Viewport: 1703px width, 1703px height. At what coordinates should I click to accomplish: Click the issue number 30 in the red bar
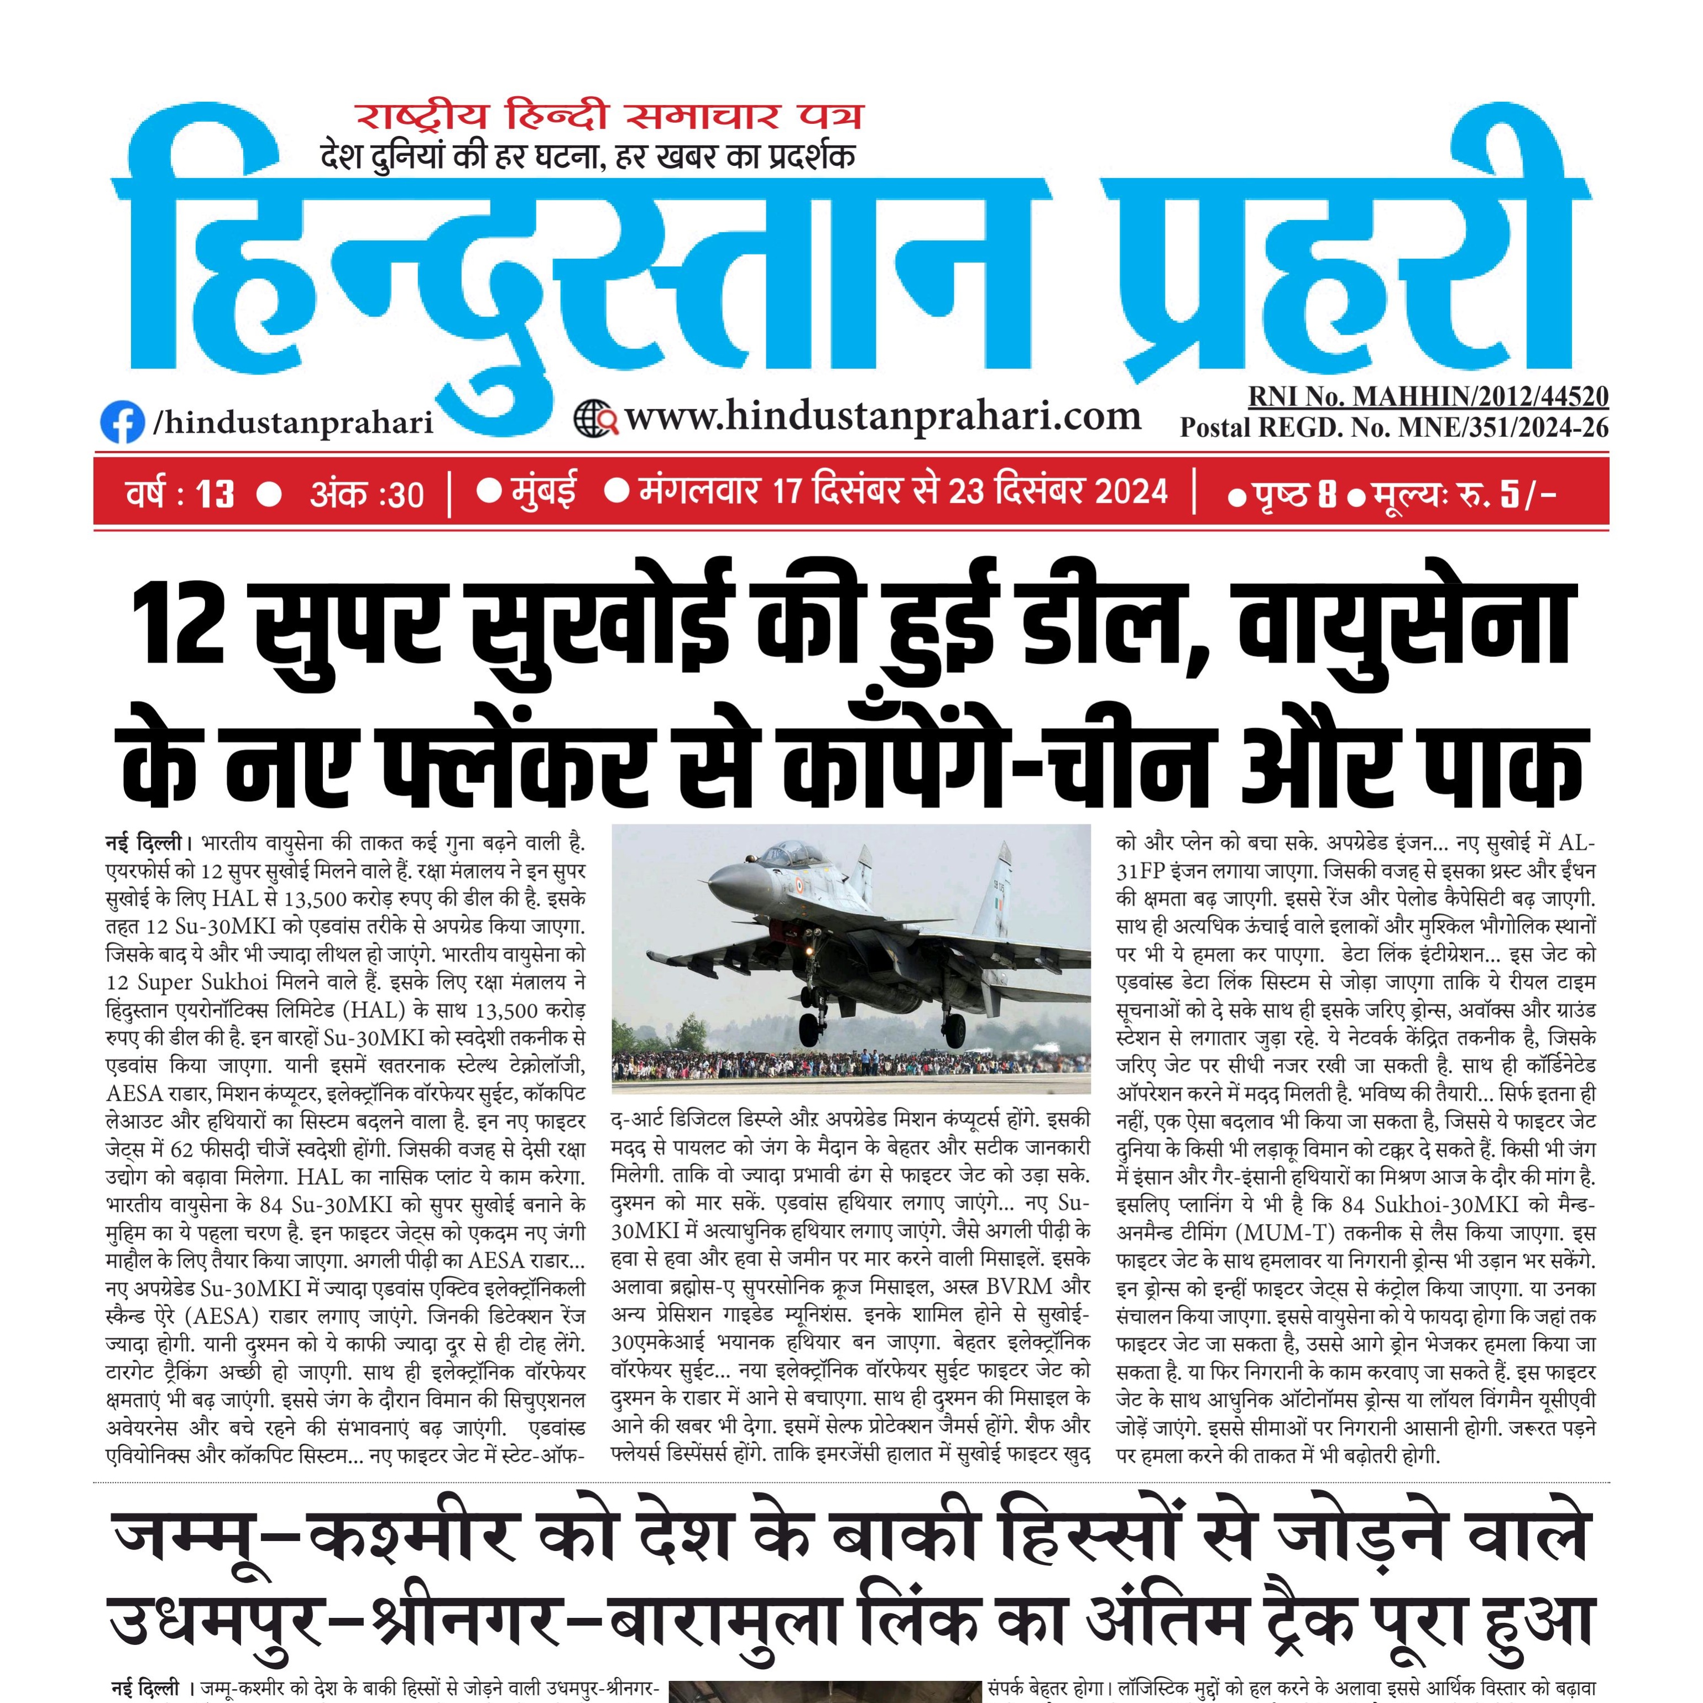(405, 494)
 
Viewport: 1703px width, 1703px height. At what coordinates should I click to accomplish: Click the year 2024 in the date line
(1131, 491)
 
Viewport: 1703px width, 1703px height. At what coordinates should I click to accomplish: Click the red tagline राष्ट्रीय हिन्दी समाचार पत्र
(608, 116)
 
